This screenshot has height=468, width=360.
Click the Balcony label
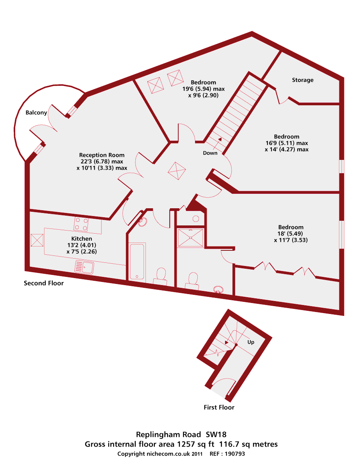pos(36,113)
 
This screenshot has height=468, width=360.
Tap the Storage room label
pos(303,80)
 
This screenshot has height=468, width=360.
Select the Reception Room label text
pos(102,155)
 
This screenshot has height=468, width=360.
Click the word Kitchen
pos(82,239)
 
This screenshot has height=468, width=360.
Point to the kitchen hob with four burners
pos(81,224)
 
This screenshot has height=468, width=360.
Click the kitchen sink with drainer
pos(84,267)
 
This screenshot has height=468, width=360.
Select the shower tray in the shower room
pos(191,238)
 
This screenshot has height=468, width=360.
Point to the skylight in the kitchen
pos(37,240)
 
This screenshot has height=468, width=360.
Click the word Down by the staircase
pos(210,153)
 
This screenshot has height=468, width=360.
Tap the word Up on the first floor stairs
pos(251,342)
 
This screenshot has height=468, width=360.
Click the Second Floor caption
pos(44,283)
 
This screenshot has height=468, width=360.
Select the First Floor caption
pos(219,407)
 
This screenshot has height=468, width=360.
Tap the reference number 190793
pos(234,454)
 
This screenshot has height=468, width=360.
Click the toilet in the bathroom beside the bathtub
pos(160,275)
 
